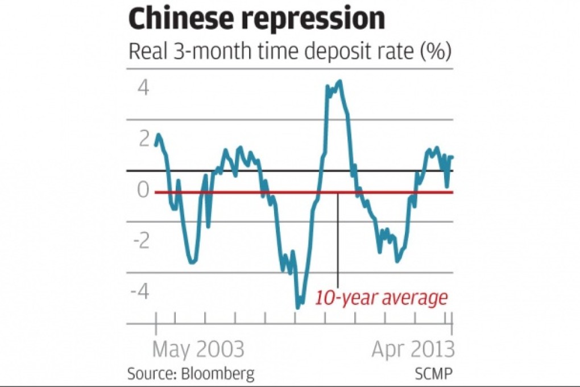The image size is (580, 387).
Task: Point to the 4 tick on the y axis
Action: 142,88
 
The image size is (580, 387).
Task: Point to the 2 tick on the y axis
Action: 142,139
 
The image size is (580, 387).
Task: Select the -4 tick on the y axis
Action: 139,292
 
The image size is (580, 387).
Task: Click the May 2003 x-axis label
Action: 198,349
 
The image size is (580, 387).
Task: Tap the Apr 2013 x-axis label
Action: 413,349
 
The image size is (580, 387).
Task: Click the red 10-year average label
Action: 382,298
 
